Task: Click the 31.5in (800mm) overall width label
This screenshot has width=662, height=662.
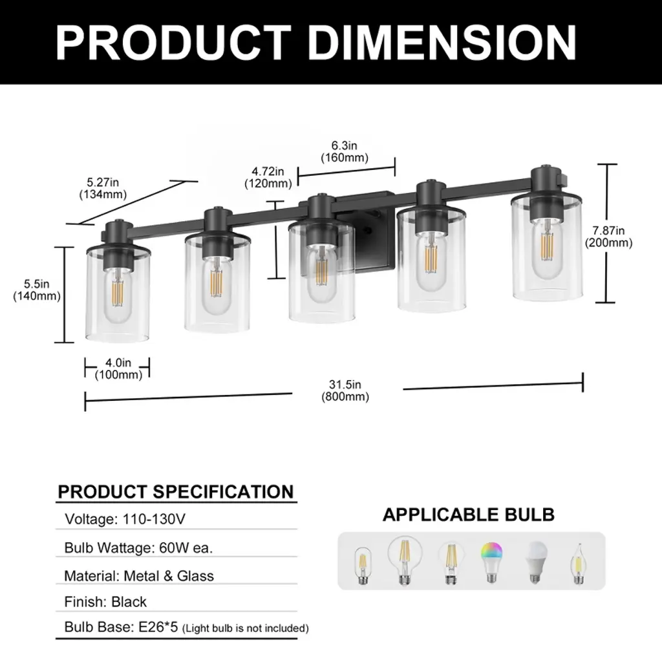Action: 345,390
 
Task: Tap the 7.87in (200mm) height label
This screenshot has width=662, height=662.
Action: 608,237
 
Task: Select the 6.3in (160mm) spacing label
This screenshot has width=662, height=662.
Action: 345,151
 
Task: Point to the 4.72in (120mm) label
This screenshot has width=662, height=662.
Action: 268,177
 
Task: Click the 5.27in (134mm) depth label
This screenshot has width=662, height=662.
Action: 103,188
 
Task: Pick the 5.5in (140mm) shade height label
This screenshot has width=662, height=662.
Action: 37,290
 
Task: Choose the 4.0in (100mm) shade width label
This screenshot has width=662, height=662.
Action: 118,368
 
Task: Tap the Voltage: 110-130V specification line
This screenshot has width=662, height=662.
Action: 125,519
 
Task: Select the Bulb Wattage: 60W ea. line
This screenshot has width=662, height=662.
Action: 138,548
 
